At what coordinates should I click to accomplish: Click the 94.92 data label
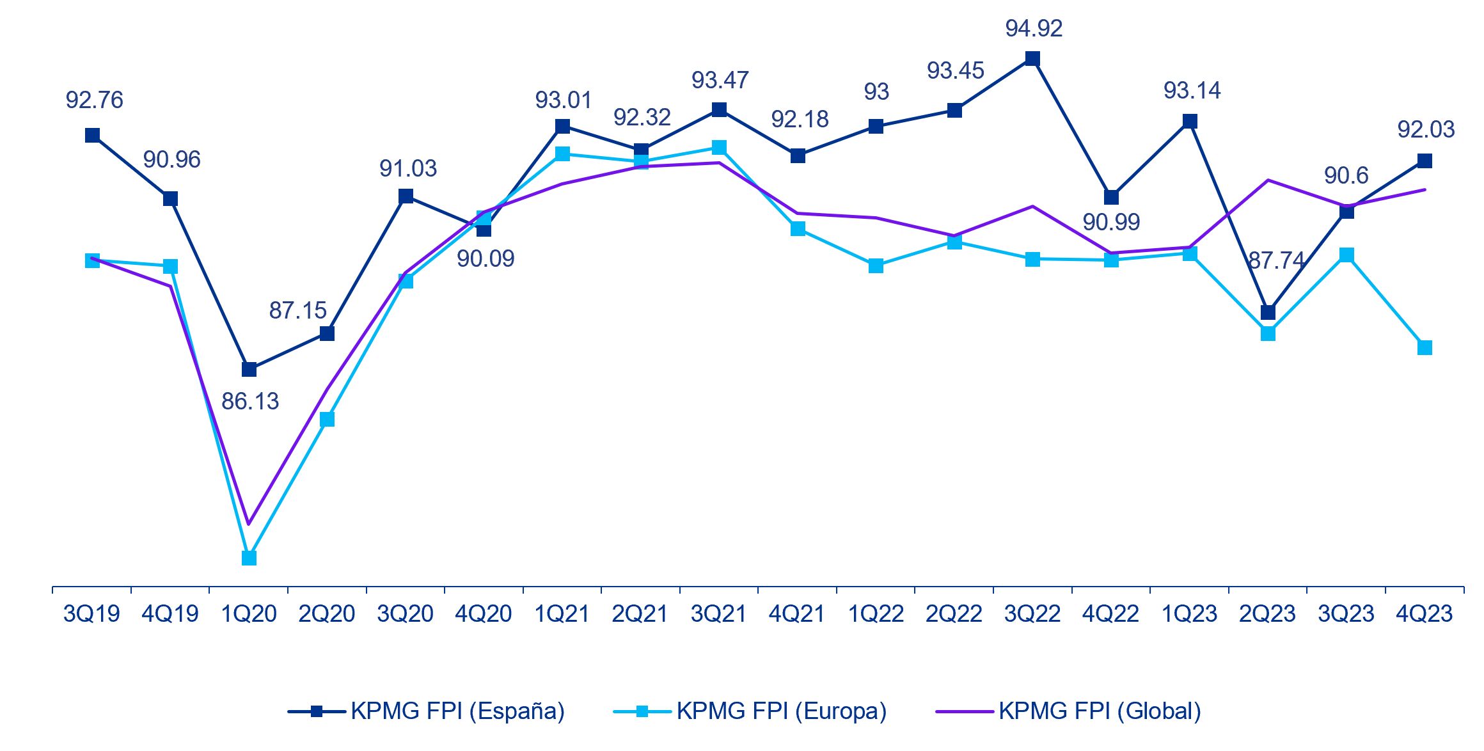point(1034,29)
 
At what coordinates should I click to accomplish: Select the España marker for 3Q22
point(1032,59)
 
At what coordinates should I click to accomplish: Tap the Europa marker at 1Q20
point(249,558)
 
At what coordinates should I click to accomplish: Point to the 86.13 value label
point(250,402)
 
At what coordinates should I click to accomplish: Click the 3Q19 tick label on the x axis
point(91,614)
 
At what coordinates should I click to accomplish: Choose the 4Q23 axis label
point(1425,614)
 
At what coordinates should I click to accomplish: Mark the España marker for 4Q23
point(1425,161)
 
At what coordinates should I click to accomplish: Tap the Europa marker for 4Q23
point(1425,348)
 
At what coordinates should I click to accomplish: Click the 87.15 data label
point(297,311)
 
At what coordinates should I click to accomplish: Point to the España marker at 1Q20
point(249,370)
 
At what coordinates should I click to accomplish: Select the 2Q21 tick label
point(640,614)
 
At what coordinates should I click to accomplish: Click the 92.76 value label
point(94,100)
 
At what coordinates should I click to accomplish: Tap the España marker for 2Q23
point(1268,312)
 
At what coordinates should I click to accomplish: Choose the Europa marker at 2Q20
point(327,419)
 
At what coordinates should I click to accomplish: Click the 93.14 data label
point(1192,91)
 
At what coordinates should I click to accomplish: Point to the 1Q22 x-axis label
point(876,614)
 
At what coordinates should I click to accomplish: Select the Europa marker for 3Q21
point(719,148)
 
